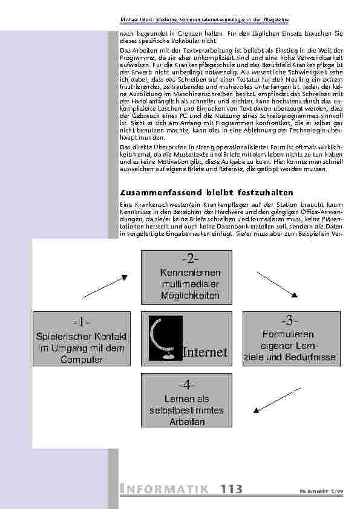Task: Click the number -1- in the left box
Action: coord(80,320)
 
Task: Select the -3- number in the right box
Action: coord(289,319)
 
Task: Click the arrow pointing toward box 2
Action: coord(105,287)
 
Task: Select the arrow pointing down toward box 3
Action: coord(277,284)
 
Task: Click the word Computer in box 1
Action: coord(80,360)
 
